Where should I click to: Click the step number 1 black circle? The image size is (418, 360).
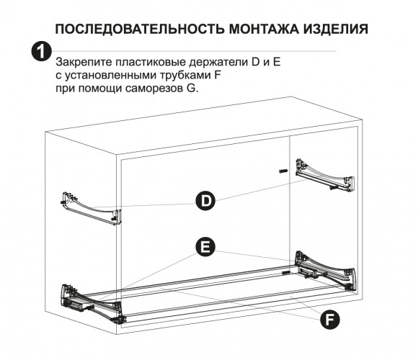[41, 51]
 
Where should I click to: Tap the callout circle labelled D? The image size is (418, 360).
[205, 201]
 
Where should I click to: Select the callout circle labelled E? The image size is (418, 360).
[205, 247]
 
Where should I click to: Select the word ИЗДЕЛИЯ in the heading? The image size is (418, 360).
[336, 29]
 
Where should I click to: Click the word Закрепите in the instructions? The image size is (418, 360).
[84, 63]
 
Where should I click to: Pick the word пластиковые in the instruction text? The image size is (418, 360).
[151, 63]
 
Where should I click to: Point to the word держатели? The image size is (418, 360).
[218, 63]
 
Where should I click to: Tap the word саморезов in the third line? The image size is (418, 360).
[153, 89]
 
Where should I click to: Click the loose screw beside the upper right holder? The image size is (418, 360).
[283, 171]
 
